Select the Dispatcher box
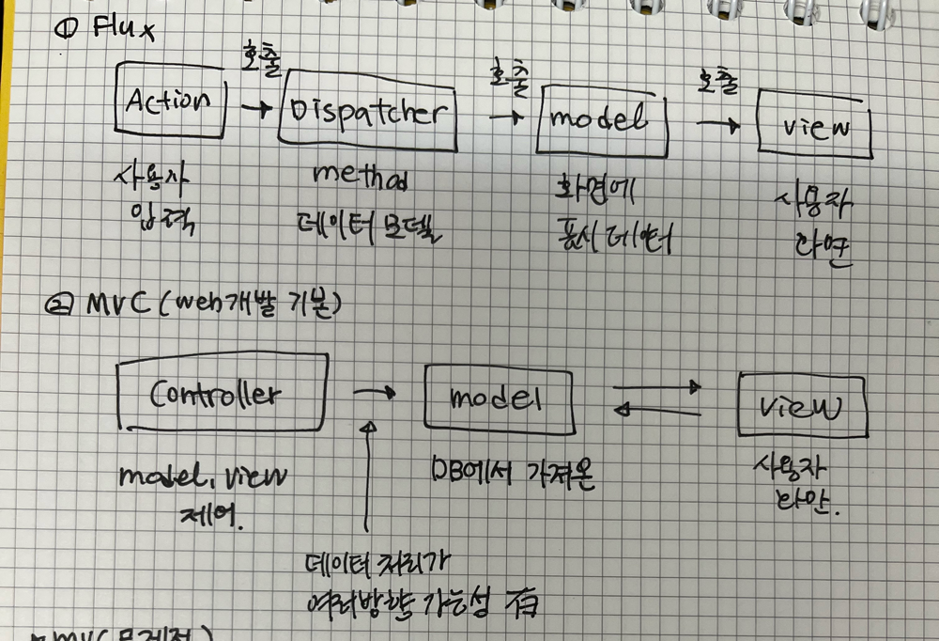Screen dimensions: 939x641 pos(367,111)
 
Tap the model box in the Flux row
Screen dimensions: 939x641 pos(602,119)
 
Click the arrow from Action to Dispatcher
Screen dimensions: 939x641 pos(254,109)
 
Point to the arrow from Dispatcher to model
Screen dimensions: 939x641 pos(505,117)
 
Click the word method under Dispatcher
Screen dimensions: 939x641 pos(362,176)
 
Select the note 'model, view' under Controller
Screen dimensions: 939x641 pos(203,478)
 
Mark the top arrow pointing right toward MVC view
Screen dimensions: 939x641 pos(656,386)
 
